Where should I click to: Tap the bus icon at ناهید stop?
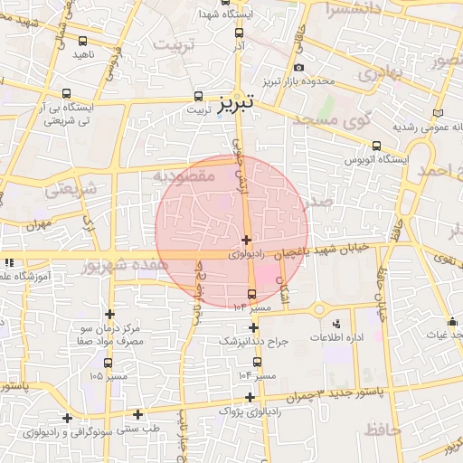(x=83, y=41)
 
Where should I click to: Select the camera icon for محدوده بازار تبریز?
(x=299, y=68)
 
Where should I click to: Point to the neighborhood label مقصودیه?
(x=184, y=175)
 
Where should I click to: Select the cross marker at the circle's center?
(x=246, y=240)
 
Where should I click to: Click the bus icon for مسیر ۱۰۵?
(x=109, y=363)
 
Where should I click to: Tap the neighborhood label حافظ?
(x=381, y=430)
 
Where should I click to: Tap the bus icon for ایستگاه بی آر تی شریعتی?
(x=66, y=93)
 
